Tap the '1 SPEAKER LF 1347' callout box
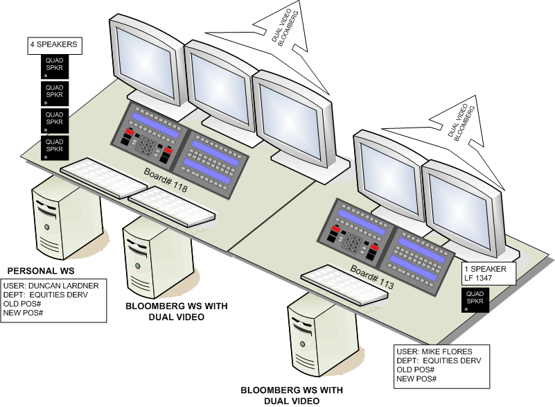[x=489, y=274]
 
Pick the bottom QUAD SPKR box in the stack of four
[x=54, y=146]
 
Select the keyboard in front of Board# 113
[x=344, y=284]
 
